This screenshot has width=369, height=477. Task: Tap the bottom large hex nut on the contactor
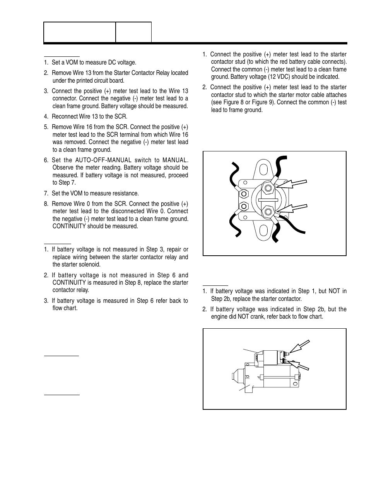click(x=268, y=211)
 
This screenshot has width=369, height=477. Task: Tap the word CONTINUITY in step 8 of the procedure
click(x=69, y=226)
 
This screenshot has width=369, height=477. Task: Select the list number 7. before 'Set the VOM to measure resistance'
click(x=46, y=194)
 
